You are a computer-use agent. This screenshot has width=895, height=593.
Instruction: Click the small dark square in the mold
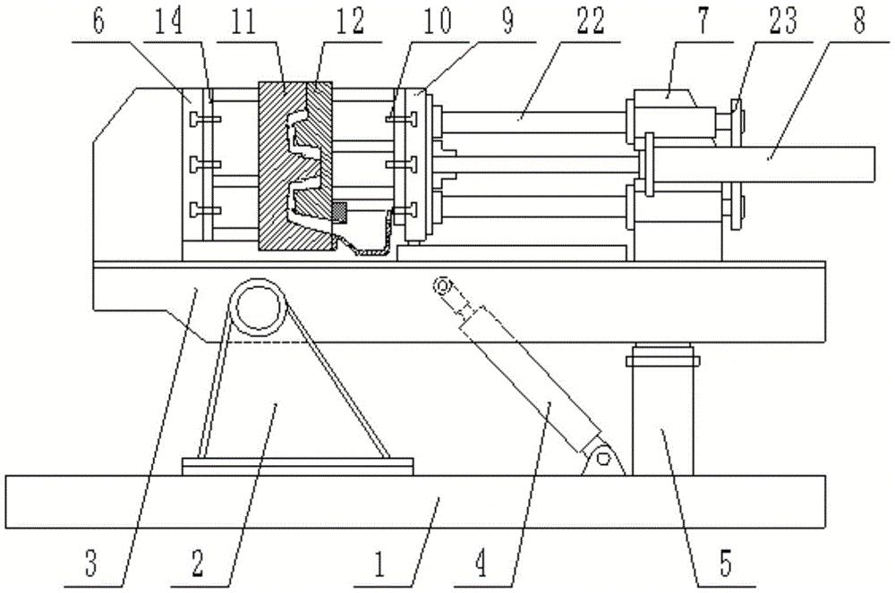[x=339, y=212]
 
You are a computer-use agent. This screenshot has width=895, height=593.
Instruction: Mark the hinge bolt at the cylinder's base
[x=604, y=459]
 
